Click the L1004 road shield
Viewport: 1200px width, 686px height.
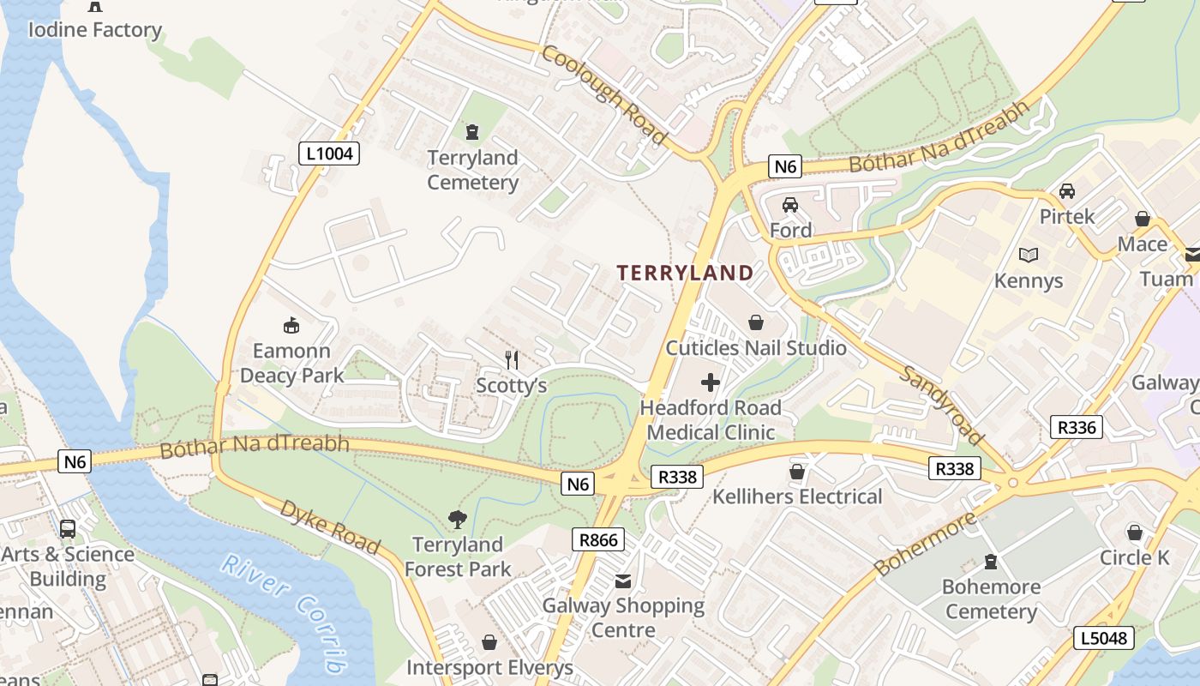coord(329,153)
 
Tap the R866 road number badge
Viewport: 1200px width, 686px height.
coord(598,539)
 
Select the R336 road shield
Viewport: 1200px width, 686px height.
coord(1076,426)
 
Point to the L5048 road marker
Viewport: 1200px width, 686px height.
coord(1104,638)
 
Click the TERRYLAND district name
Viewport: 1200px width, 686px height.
coord(686,273)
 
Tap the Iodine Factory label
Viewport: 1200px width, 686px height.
coord(94,30)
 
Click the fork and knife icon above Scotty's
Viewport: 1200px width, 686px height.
coord(512,359)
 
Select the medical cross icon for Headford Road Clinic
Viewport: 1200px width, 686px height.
coord(711,382)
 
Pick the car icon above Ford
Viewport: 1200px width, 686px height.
coord(790,205)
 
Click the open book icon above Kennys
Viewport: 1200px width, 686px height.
coord(1029,255)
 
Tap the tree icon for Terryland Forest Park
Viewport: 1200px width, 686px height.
coord(458,519)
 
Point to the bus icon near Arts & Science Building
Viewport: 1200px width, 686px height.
coord(68,528)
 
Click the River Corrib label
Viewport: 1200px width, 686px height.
coord(285,611)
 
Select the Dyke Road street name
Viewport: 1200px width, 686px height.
coord(330,527)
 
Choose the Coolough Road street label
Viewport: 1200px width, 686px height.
coord(604,93)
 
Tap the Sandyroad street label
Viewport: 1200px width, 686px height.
coord(941,404)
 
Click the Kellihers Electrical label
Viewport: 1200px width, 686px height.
coord(797,496)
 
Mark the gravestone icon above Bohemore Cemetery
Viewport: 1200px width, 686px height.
coord(991,562)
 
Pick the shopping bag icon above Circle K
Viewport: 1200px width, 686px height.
coord(1135,533)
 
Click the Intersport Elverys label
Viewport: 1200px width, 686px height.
coord(489,667)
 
